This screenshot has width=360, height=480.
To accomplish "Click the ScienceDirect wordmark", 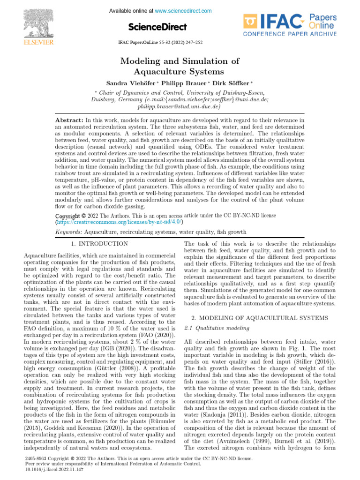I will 157,27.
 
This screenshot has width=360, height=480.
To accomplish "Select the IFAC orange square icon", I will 250,22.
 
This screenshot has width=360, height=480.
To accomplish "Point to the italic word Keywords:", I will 69,232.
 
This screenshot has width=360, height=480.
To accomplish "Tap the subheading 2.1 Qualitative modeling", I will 212,328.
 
